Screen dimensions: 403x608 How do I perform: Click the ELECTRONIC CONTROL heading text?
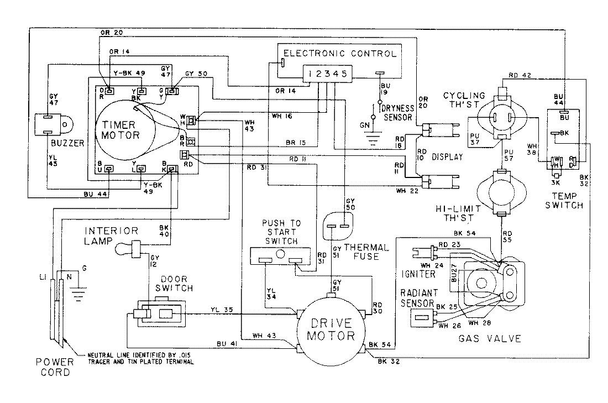[339, 54]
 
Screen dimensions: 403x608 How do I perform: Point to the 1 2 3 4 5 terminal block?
[327, 74]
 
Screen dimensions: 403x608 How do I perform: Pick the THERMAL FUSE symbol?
[338, 224]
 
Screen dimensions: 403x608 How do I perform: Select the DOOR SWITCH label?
[176, 284]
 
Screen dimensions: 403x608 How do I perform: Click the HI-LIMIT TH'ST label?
[450, 214]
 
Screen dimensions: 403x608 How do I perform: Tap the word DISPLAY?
[447, 157]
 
